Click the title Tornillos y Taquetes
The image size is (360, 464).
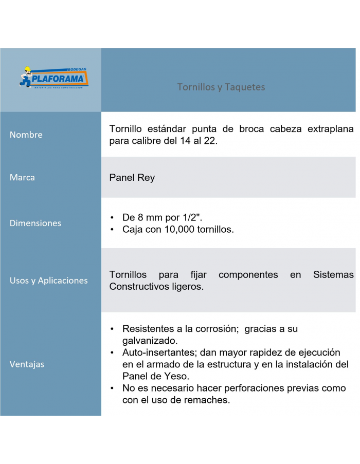(x=221, y=87)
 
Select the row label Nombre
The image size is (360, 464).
(x=26, y=135)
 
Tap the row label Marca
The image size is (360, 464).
(x=23, y=177)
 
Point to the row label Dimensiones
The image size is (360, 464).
(x=35, y=223)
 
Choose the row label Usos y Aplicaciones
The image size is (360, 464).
(x=49, y=281)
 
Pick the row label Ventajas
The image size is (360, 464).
(x=27, y=364)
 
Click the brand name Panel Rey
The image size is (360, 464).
(x=132, y=178)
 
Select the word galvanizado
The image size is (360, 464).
(x=150, y=341)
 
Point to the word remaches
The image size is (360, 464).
(x=206, y=400)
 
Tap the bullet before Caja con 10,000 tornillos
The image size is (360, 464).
(x=112, y=230)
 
